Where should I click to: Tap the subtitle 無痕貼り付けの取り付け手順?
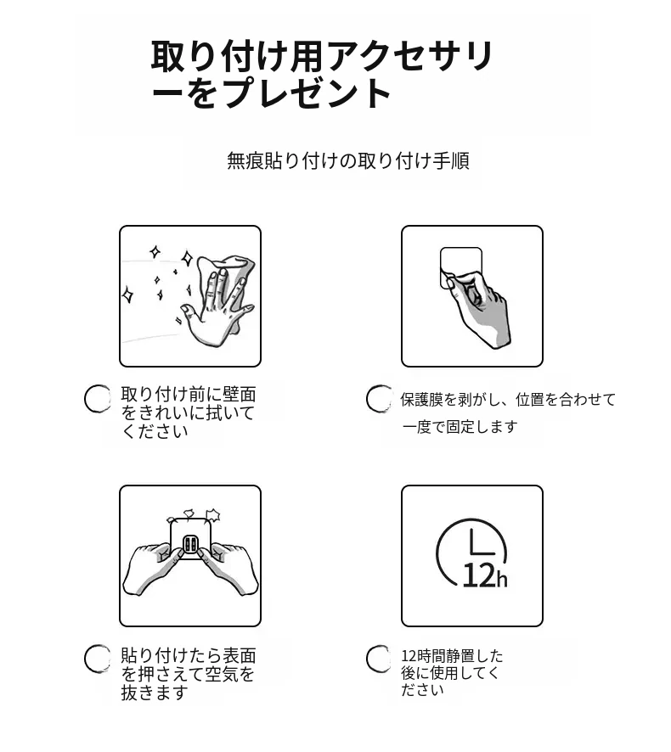click(348, 160)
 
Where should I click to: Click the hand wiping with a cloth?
click(215, 307)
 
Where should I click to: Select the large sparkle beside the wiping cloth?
click(187, 259)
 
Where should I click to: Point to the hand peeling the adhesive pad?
click(477, 307)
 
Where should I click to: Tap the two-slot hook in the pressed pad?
click(189, 544)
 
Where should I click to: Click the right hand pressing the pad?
click(229, 569)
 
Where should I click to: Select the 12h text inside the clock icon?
click(485, 575)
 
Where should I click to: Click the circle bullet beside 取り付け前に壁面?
click(98, 399)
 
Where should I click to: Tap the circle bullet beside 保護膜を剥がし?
click(379, 399)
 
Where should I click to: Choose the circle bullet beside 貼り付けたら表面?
click(98, 659)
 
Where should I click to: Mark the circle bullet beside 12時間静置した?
click(379, 659)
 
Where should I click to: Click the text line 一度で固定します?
click(460, 426)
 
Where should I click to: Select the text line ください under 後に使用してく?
click(422, 690)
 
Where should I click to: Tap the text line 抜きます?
click(154, 693)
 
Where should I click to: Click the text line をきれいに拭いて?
click(188, 412)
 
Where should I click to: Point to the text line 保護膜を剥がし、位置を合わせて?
click(508, 399)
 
